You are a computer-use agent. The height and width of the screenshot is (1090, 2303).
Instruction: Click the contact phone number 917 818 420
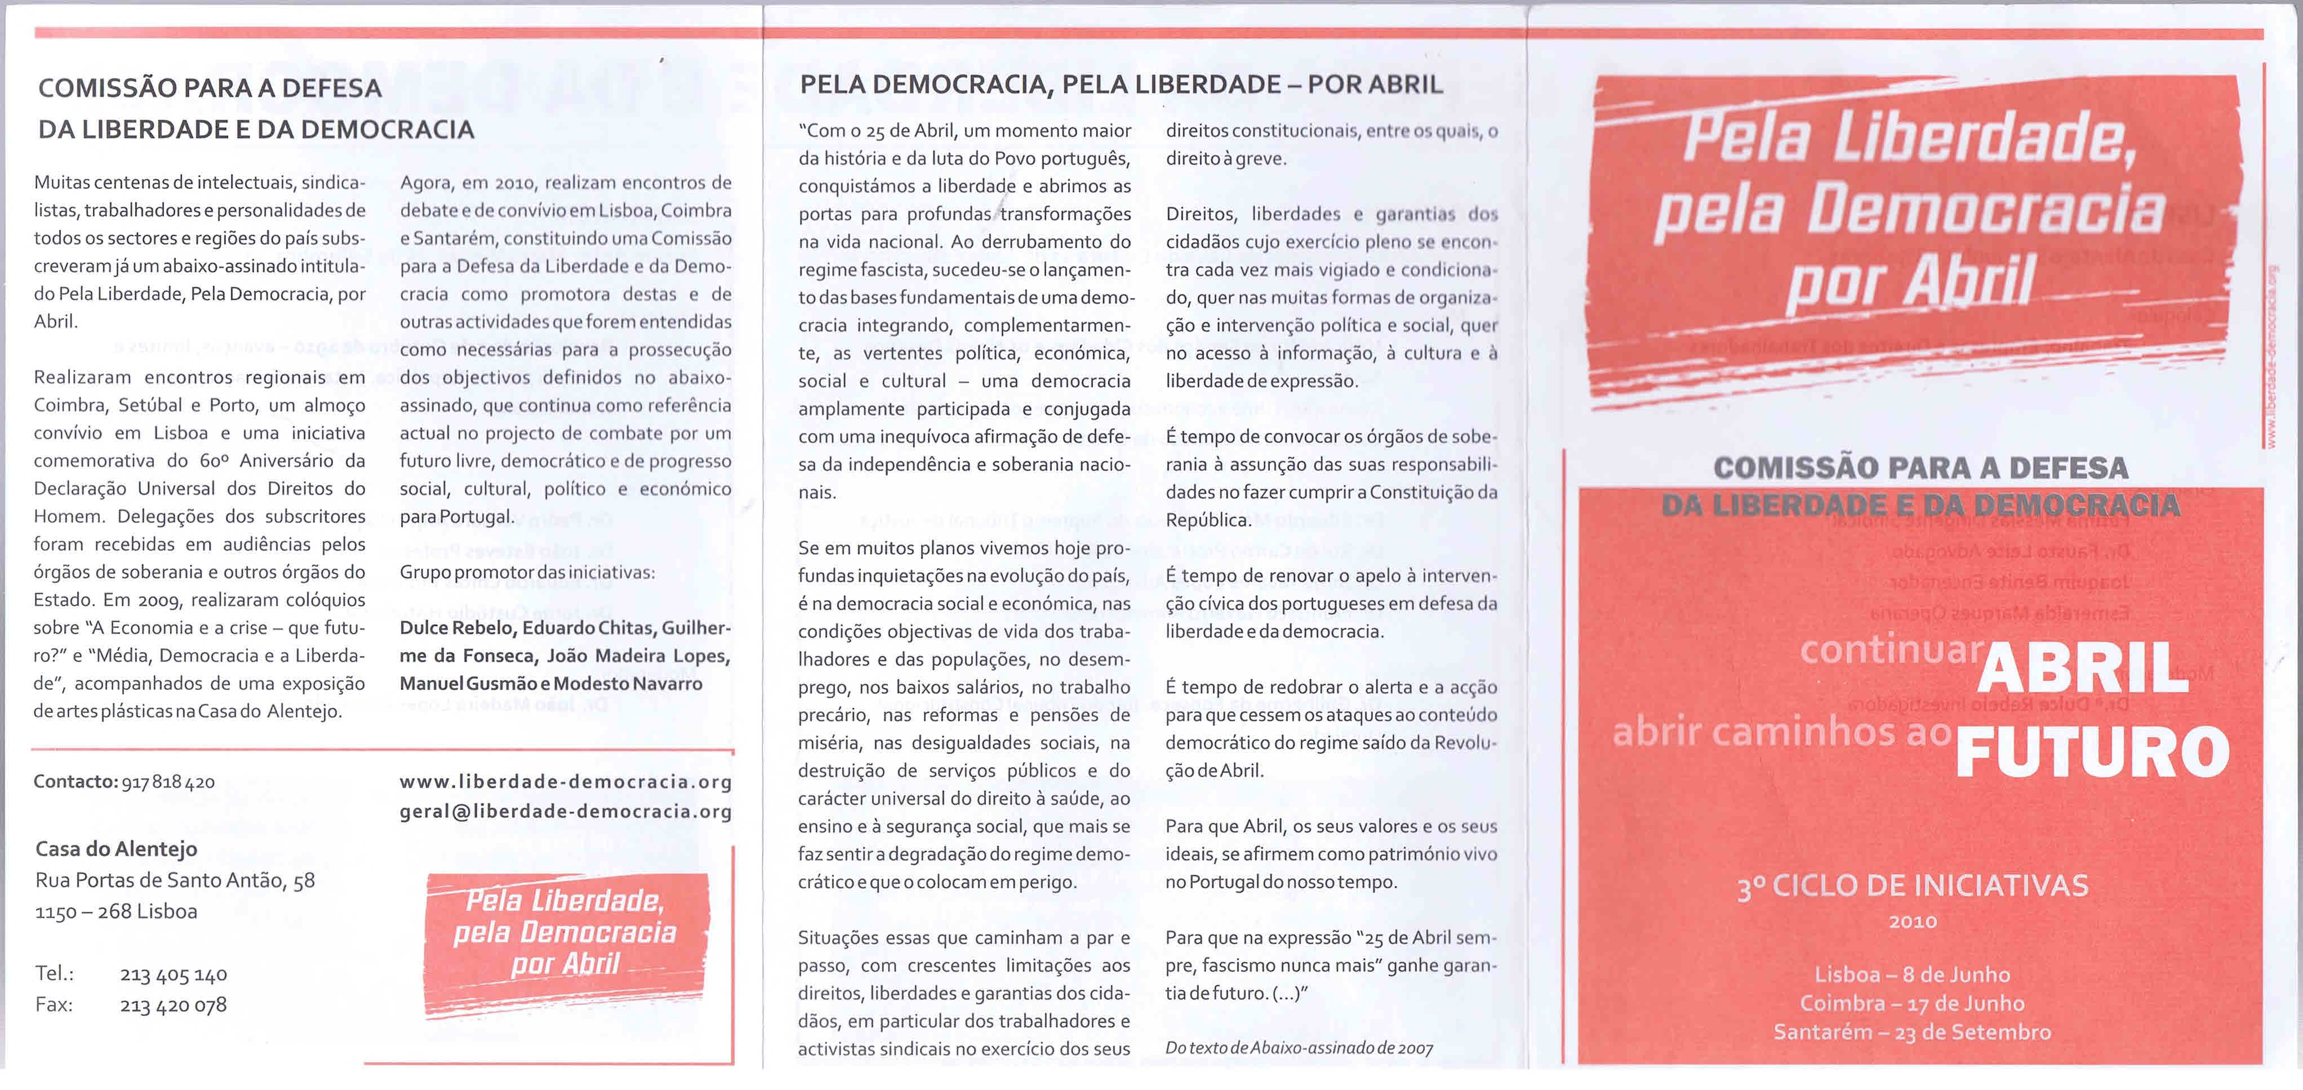(x=168, y=782)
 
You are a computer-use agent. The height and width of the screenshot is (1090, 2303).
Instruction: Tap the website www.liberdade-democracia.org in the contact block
(x=565, y=782)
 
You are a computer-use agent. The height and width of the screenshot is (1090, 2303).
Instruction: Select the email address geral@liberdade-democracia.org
(x=565, y=812)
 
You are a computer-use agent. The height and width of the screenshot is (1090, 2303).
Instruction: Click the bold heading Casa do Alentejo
(x=116, y=849)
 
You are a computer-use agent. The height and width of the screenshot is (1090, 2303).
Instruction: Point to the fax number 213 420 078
(x=174, y=1005)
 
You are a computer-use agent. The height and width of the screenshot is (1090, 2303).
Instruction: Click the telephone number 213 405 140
(x=174, y=974)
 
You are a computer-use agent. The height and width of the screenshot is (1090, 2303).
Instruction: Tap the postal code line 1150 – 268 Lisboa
(x=116, y=912)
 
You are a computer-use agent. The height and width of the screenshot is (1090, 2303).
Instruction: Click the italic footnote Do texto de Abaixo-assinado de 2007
(x=1299, y=1048)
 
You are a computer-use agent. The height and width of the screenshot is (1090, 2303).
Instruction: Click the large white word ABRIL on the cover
(x=2083, y=668)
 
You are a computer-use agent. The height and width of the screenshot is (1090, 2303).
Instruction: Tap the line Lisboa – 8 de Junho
(x=1912, y=974)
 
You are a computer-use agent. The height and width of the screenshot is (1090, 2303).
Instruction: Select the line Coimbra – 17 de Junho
(x=1912, y=1003)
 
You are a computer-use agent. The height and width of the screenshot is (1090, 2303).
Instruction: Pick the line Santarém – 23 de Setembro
(x=1912, y=1032)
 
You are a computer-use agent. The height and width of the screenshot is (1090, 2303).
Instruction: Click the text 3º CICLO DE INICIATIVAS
(x=1912, y=886)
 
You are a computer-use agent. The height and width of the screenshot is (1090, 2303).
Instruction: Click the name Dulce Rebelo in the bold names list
(x=456, y=628)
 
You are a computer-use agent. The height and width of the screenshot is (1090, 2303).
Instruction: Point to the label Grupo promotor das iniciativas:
(x=527, y=572)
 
